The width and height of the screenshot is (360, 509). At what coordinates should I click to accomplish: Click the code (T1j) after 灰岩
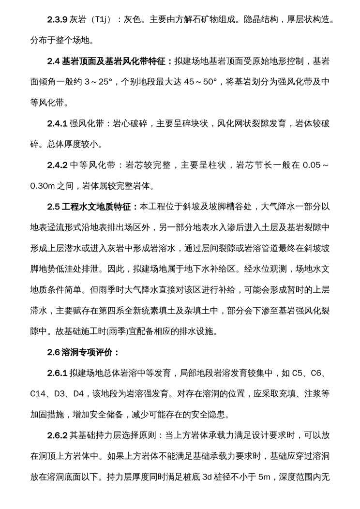pos(102,20)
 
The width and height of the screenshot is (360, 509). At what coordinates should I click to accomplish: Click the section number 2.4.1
pos(58,123)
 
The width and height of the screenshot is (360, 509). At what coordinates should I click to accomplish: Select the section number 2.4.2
pos(58,165)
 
